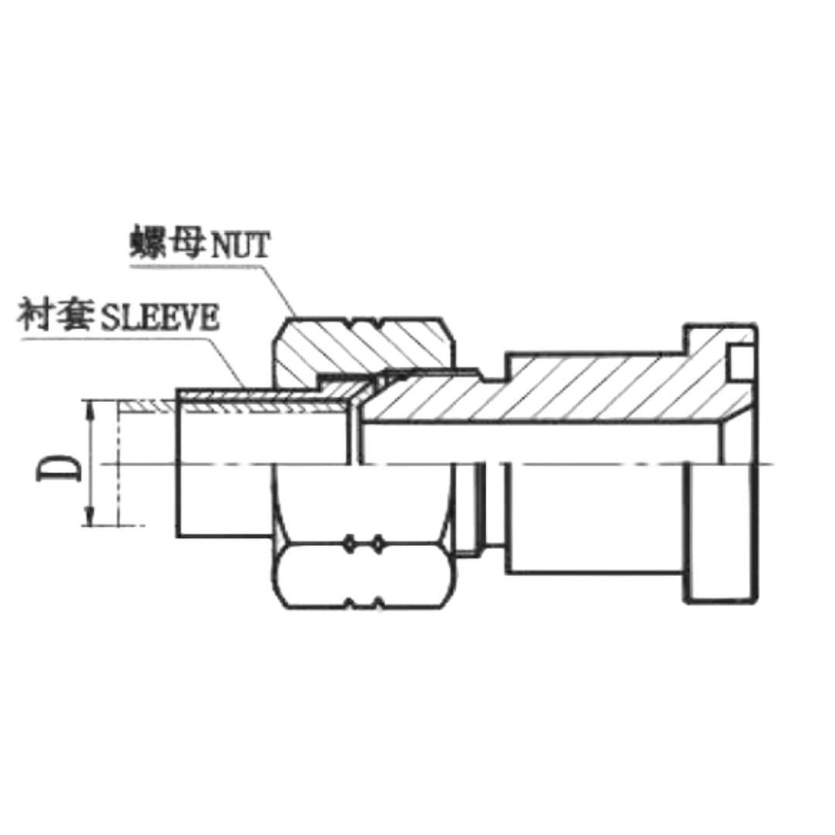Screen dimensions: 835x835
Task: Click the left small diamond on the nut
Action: pyautogui.click(x=350, y=545)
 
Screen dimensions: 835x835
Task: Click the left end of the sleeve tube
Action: pyautogui.click(x=179, y=464)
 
